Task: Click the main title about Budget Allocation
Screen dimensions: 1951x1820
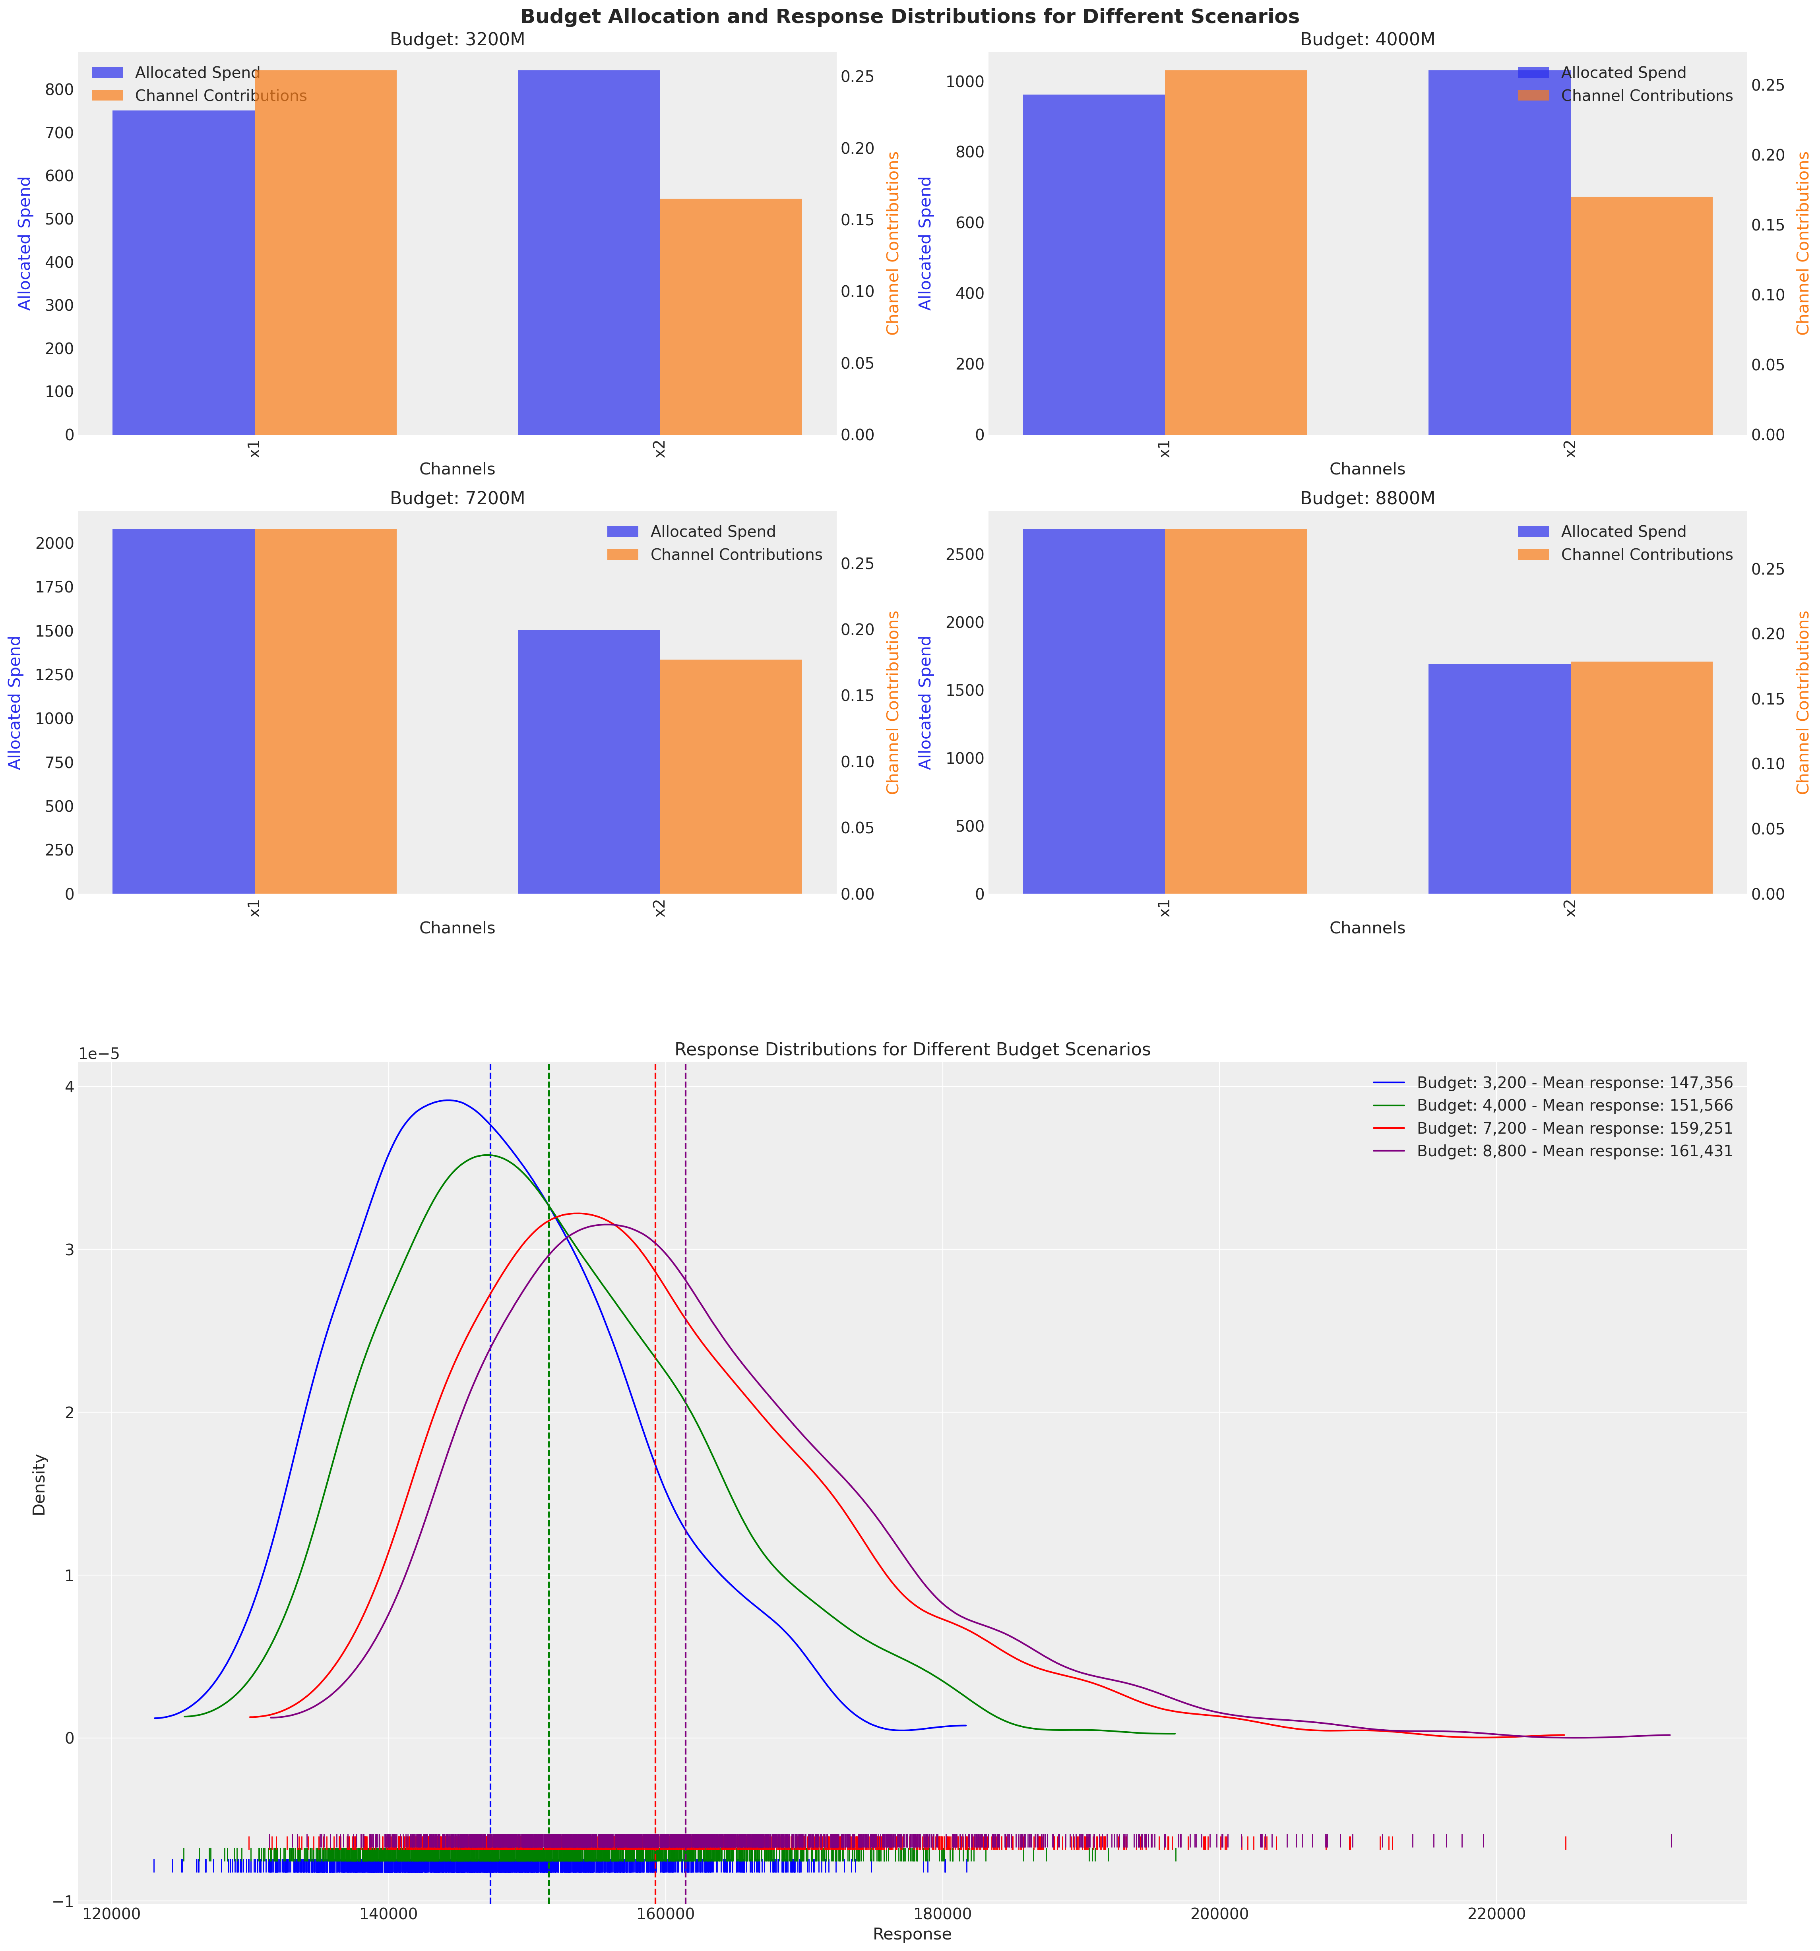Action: (909, 17)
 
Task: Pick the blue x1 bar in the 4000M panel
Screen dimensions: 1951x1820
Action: (1093, 265)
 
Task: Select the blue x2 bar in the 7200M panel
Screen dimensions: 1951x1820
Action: (589, 762)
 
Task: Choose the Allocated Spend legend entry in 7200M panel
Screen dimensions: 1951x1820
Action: (713, 532)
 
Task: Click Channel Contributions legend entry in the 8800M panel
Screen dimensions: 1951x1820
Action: (1646, 554)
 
